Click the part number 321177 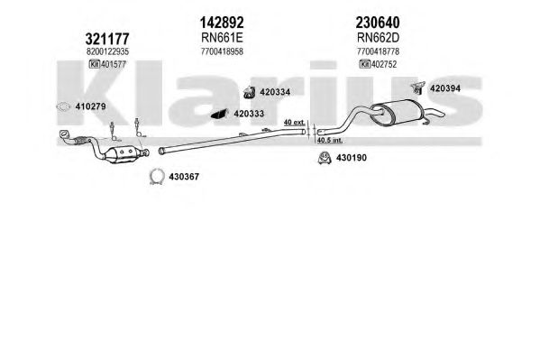[107, 39]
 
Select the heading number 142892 [222, 23]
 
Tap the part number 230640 [378, 23]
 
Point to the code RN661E [222, 38]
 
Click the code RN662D [378, 38]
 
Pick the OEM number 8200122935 [107, 51]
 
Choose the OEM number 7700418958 [222, 51]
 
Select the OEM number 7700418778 [378, 51]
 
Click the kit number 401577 [114, 64]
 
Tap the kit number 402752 [384, 64]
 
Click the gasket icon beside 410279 [63, 106]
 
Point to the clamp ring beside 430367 [157, 177]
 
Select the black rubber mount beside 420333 [220, 115]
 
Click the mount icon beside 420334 [250, 92]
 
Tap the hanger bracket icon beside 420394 [417, 88]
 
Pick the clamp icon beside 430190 [324, 158]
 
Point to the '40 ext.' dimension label [294, 122]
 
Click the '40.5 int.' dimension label [330, 141]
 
